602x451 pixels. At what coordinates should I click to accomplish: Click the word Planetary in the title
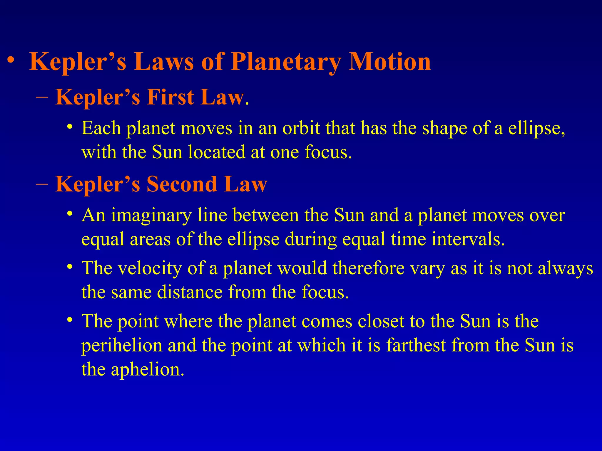pos(285,62)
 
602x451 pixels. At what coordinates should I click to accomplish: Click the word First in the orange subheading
pos(170,97)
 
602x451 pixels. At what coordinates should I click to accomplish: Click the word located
pos(216,152)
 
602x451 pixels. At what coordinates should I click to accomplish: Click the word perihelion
pos(122,345)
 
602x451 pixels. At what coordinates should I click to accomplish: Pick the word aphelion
pos(147,369)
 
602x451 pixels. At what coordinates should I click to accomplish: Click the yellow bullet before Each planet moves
pos(69,127)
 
